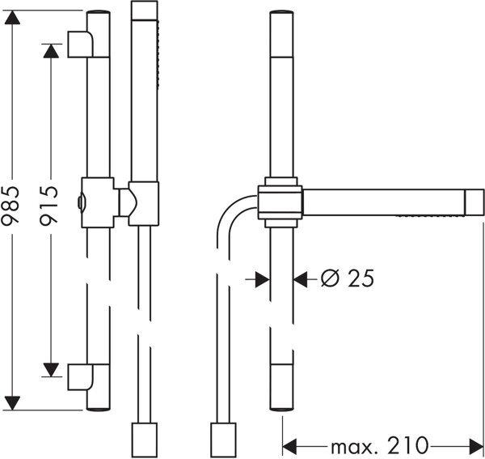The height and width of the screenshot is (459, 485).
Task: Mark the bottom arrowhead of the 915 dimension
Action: [51, 370]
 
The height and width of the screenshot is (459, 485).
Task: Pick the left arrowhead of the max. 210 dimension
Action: [289, 446]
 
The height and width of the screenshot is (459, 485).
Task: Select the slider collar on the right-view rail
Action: [279, 202]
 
